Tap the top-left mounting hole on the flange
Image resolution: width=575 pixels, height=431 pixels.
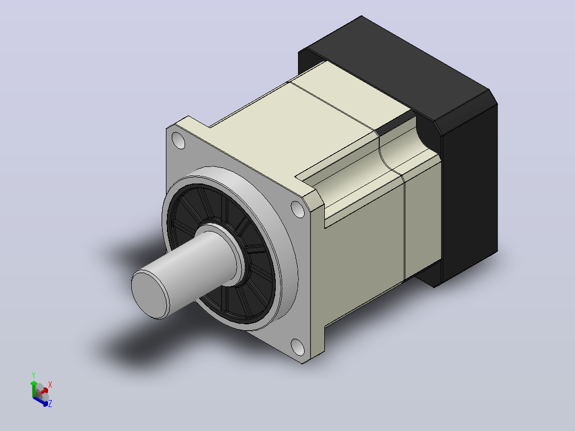pyautogui.click(x=179, y=141)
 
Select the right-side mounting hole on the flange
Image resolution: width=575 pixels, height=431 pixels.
pyautogui.click(x=298, y=209)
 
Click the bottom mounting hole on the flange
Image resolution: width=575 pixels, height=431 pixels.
pyautogui.click(x=298, y=347)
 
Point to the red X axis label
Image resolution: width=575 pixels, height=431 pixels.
pyautogui.click(x=50, y=385)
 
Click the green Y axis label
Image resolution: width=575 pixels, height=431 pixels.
pyautogui.click(x=34, y=375)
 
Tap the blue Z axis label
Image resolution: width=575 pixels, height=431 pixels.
pyautogui.click(x=50, y=403)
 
